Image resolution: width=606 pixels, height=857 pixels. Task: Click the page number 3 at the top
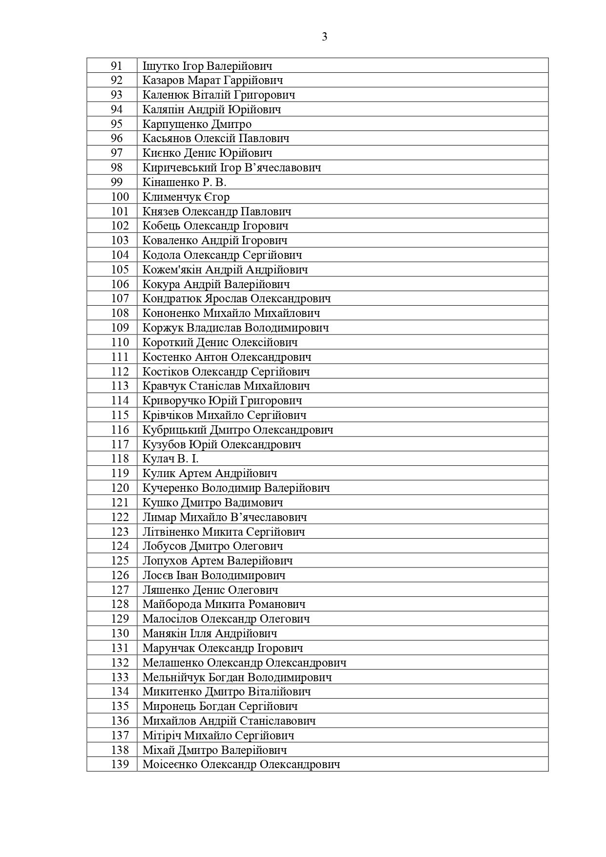tap(325, 37)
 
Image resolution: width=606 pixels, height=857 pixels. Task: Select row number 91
tap(117, 66)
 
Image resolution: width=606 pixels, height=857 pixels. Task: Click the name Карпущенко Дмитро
tap(197, 124)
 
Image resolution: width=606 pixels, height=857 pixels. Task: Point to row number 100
tap(120, 197)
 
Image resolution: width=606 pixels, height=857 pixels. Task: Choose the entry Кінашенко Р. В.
tap(184, 182)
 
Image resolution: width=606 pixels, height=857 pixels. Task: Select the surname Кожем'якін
tap(171, 270)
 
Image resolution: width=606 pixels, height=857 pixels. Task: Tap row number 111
tap(120, 357)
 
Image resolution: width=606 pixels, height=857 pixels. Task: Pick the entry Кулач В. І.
tap(170, 459)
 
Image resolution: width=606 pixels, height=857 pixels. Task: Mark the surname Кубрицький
tap(173, 430)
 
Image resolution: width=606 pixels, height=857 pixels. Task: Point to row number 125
tap(120, 561)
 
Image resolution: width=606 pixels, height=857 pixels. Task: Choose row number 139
tap(120, 764)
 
